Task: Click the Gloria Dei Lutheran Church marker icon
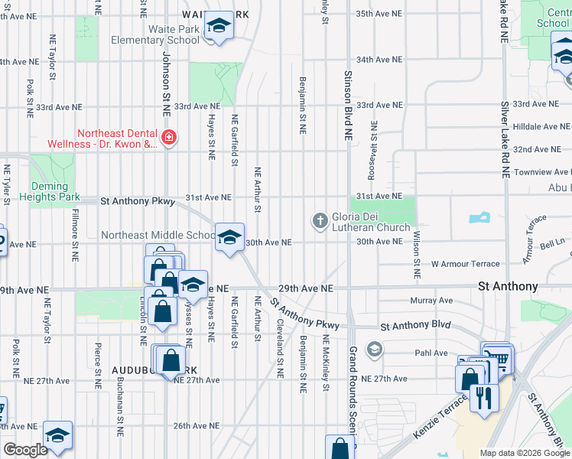click(320, 221)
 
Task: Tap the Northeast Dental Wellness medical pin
click(168, 138)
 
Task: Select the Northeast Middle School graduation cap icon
click(229, 238)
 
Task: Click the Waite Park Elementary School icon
click(219, 28)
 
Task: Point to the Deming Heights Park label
click(54, 191)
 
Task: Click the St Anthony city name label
click(508, 286)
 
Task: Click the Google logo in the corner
click(25, 450)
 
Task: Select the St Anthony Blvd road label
click(415, 325)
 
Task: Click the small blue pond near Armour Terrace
click(479, 218)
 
